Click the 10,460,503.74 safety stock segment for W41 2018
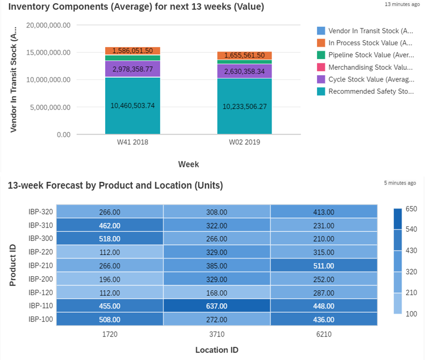point(133,106)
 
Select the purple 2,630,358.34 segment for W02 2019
point(244,71)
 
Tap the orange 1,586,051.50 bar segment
point(133,51)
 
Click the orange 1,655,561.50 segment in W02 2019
point(244,55)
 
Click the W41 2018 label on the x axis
point(133,143)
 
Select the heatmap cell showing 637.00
point(217,305)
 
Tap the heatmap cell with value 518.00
point(109,238)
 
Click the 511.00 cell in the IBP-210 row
point(324,265)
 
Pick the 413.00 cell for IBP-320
point(324,212)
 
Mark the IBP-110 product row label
point(40,305)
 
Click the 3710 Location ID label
point(217,334)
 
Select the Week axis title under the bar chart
point(188,164)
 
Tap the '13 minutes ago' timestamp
point(402,4)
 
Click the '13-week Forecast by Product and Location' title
point(115,185)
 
